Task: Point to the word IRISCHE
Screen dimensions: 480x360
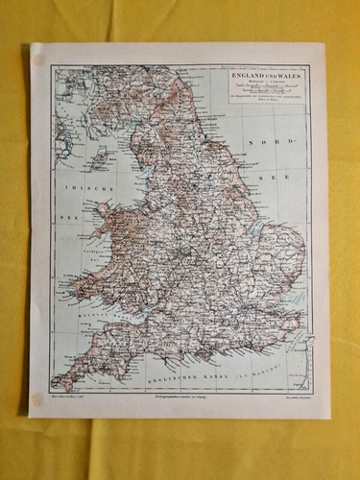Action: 83,189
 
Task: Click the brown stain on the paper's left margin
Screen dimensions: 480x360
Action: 38,60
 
